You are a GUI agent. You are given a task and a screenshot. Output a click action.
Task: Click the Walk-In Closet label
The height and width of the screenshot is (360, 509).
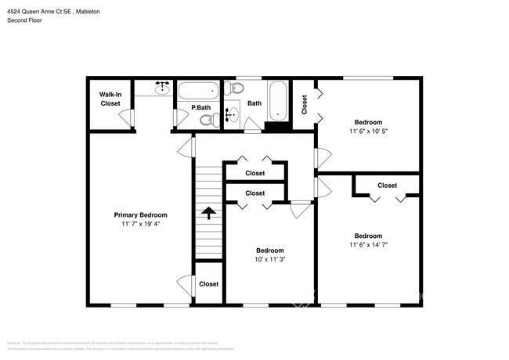110,99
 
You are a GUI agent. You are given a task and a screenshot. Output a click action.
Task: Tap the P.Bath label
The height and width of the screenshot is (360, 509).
201,107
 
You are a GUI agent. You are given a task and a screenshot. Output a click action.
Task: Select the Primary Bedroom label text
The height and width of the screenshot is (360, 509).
140,215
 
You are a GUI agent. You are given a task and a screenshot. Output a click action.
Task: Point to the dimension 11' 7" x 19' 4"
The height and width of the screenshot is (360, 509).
140,225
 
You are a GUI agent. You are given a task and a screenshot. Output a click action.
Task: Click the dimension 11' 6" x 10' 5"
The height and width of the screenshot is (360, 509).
368,131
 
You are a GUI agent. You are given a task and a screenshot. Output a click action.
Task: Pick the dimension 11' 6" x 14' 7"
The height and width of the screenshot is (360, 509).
368,246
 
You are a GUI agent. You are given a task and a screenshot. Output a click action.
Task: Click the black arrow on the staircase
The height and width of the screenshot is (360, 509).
208,211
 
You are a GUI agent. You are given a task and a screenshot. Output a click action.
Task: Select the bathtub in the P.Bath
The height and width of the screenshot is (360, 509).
199,90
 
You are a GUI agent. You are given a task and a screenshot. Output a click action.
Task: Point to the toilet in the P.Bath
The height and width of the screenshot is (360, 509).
208,119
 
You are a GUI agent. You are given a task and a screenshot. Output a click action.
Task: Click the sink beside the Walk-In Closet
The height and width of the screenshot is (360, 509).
162,88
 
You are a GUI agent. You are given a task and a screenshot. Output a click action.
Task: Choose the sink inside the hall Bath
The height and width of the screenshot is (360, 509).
232,116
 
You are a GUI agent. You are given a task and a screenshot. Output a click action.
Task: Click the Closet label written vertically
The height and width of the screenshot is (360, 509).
305,103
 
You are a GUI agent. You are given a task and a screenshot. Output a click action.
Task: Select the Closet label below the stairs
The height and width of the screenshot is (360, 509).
208,284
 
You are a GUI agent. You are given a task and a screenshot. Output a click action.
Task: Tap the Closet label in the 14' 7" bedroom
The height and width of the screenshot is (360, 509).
387,185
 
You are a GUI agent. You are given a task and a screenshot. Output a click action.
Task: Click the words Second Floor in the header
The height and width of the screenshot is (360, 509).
24,20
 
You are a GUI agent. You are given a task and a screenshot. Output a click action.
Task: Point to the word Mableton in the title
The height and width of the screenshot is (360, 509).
95,12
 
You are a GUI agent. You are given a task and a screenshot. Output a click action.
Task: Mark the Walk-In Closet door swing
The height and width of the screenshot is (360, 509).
125,117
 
